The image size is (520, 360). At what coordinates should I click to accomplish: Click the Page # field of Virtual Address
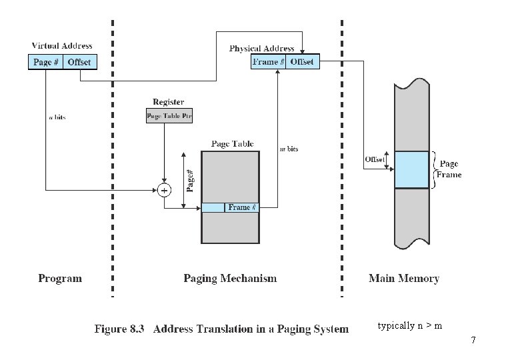[x=46, y=62]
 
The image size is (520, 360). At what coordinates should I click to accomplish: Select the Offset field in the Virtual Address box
[x=81, y=62]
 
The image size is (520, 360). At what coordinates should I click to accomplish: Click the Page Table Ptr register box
[x=169, y=117]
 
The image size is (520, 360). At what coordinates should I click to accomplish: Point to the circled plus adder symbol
[x=164, y=191]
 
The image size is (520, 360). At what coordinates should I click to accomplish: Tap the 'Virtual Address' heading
[x=63, y=46]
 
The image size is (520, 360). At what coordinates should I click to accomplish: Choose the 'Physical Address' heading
[x=262, y=49]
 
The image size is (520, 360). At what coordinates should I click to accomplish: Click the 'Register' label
[x=169, y=102]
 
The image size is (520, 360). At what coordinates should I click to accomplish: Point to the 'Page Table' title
[x=232, y=143]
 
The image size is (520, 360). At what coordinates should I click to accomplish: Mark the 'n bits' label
[x=58, y=117]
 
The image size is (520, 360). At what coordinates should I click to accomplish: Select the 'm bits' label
[x=288, y=149]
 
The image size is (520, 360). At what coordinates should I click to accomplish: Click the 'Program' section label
[x=60, y=279]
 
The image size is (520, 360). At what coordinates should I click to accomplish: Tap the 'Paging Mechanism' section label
[x=230, y=279]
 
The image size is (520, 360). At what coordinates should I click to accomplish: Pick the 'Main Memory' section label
[x=404, y=279]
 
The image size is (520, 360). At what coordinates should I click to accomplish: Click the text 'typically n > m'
[x=409, y=326]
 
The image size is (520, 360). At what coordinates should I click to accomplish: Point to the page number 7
[x=473, y=341]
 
